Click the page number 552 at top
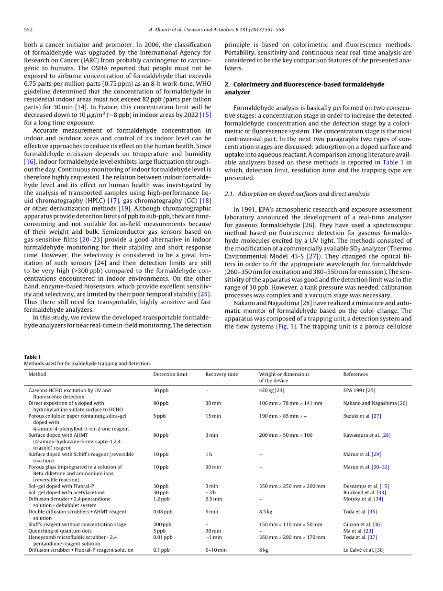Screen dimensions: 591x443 28,30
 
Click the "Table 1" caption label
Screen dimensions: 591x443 32,357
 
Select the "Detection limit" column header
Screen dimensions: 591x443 170,374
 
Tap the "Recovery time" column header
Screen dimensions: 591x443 221,374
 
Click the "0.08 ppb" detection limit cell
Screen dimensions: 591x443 163,511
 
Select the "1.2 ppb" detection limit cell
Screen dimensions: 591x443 161,499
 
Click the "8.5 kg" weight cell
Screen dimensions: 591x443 266,511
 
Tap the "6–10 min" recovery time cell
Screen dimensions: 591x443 216,550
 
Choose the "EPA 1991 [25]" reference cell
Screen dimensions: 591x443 359,390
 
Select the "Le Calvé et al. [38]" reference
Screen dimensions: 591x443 364,550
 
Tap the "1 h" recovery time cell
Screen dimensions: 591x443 209,454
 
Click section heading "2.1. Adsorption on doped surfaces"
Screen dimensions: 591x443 297,194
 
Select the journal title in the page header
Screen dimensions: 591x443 216,30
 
